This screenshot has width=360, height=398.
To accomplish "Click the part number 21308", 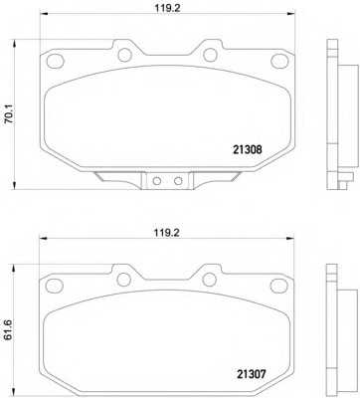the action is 248,149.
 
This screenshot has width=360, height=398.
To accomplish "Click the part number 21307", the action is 252,374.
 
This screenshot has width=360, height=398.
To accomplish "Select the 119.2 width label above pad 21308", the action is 167,9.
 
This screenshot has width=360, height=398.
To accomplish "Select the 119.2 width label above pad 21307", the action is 166,233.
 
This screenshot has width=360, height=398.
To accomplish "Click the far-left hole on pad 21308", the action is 55,61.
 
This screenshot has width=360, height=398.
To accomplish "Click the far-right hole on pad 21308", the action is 278,61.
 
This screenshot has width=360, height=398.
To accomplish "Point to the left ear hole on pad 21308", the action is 125,55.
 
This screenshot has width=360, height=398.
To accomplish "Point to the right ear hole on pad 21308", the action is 210,55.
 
